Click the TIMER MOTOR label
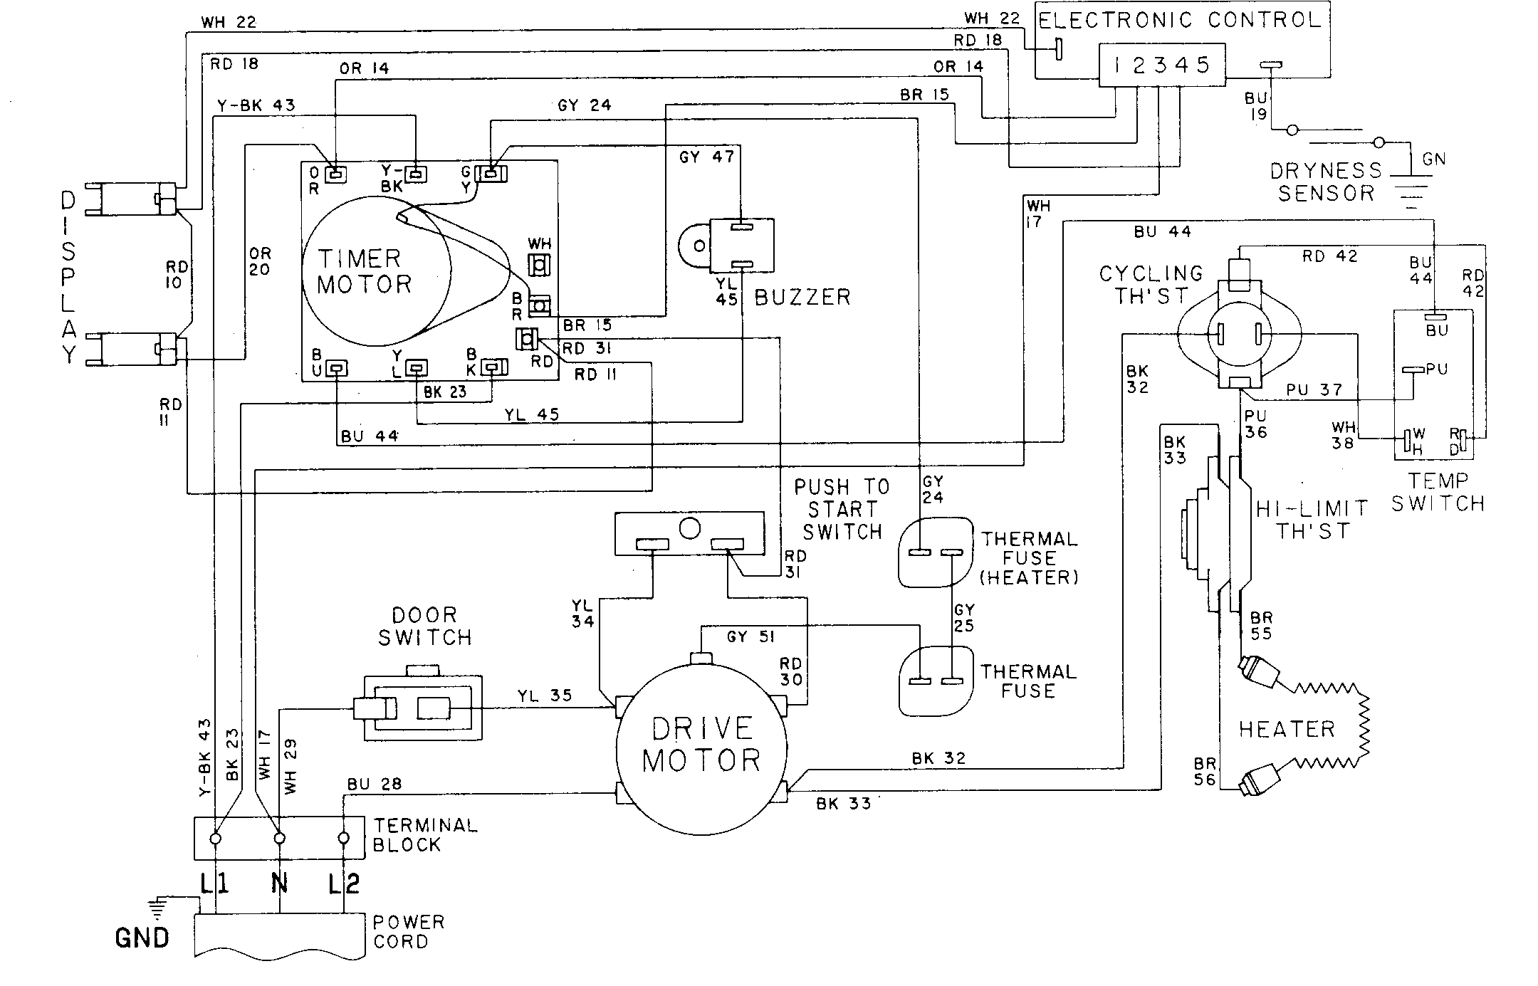(x=365, y=271)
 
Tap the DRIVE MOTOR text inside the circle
(x=701, y=745)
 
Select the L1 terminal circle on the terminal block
(x=215, y=839)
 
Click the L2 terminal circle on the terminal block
(x=344, y=839)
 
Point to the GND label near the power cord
(x=142, y=938)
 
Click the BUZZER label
(x=802, y=297)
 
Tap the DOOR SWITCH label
(x=424, y=626)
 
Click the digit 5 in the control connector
(x=1203, y=65)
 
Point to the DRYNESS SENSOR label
(x=1326, y=182)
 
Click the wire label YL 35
(x=544, y=695)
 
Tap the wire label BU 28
(x=375, y=784)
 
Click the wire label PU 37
(x=1314, y=390)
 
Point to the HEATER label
(x=1286, y=729)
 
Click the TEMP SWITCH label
(x=1438, y=493)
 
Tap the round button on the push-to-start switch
(x=689, y=528)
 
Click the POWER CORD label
(x=408, y=931)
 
